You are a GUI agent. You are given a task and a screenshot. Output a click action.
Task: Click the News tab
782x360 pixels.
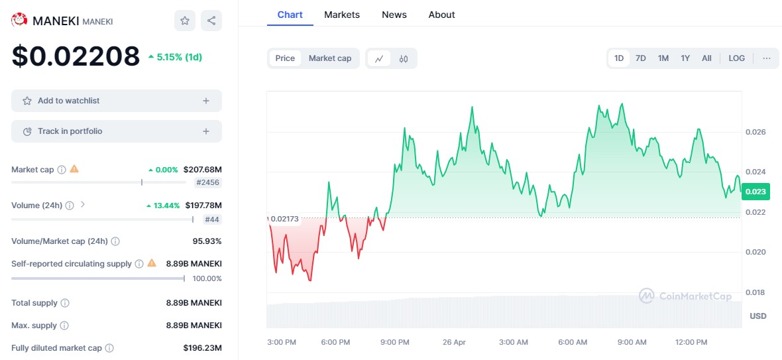[x=394, y=15]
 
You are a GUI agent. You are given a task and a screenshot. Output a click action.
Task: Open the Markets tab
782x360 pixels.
[x=342, y=15]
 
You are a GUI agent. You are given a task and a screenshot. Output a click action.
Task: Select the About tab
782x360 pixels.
[x=441, y=15]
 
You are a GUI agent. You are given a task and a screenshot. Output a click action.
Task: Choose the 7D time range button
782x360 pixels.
[x=641, y=58]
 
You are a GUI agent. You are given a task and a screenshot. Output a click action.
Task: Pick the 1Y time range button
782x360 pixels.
[x=685, y=58]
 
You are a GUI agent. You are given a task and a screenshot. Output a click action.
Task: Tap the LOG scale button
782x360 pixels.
[x=736, y=58]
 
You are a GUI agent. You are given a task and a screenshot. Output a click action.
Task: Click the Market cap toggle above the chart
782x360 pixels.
[x=330, y=58]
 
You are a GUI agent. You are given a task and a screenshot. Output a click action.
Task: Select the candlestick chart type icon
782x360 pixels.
[x=404, y=58]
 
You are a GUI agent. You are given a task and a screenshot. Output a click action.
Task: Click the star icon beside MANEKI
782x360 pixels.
[x=185, y=21]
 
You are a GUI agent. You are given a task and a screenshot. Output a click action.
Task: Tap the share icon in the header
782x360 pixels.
[x=211, y=21]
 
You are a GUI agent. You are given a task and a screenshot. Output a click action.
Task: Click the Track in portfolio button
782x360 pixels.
[x=117, y=131]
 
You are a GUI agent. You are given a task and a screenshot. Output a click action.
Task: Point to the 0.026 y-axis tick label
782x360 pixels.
[x=756, y=132]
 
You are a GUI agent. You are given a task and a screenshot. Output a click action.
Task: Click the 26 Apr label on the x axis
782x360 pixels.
[x=454, y=342]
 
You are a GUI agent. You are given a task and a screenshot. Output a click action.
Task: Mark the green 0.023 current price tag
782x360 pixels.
[x=755, y=192]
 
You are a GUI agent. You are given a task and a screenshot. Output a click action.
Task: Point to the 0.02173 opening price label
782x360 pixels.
[x=285, y=218]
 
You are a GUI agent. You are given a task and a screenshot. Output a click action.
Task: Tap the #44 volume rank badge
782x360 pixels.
[x=212, y=219]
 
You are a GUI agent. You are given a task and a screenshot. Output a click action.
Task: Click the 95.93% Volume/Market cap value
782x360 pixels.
[x=207, y=241]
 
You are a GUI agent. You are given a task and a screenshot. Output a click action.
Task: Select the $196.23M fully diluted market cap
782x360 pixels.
[x=202, y=348]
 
